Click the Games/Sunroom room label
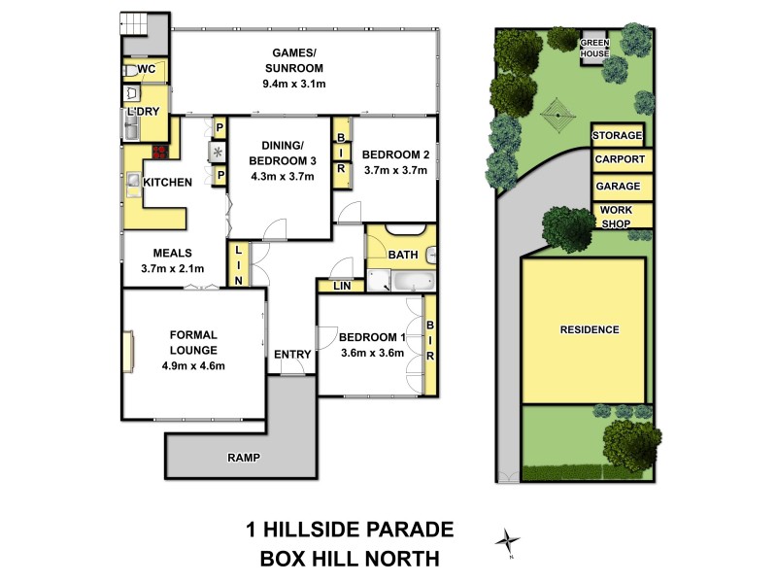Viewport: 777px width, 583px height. pos(293,68)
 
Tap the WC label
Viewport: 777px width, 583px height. pos(147,70)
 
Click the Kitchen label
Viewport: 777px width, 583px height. pos(167,183)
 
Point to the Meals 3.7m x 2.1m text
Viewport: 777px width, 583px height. pos(171,260)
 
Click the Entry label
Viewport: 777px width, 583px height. pos(291,355)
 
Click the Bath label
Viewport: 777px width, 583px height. pos(402,255)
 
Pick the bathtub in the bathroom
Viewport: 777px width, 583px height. pos(403,283)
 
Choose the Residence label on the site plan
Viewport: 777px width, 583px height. pos(590,329)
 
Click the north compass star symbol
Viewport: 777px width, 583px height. pos(506,540)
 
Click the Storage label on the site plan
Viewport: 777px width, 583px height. pos(618,135)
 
